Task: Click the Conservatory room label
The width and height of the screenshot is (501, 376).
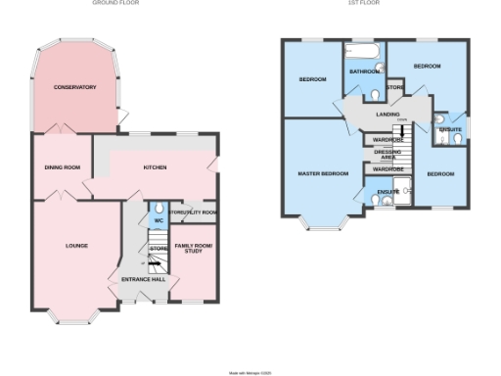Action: click(75, 87)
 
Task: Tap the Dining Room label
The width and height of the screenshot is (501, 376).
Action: click(61, 167)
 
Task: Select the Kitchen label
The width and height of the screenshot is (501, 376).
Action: click(155, 167)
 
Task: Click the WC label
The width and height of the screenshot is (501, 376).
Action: click(157, 220)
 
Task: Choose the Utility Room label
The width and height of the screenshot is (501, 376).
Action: click(193, 211)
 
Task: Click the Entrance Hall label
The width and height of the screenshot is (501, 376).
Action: click(143, 280)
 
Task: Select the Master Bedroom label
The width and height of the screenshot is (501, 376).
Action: click(323, 173)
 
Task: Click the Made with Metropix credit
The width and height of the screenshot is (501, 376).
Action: click(250, 372)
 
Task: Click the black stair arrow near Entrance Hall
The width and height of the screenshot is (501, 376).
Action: click(154, 259)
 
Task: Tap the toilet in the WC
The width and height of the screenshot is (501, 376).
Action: click(158, 209)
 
